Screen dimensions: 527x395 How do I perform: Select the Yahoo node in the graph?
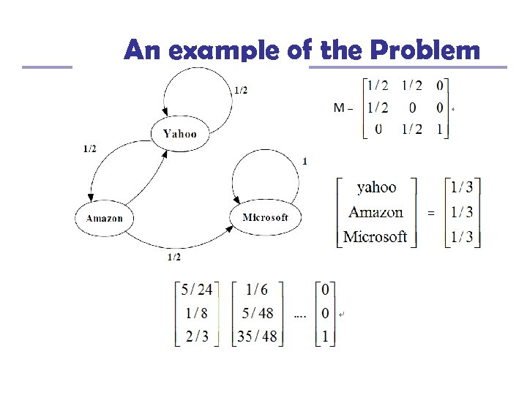(179, 133)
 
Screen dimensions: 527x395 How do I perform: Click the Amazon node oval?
(105, 218)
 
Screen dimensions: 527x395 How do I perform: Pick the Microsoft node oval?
(265, 217)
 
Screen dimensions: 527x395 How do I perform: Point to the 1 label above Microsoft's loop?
(304, 161)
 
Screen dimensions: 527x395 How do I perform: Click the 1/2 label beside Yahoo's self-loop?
(240, 91)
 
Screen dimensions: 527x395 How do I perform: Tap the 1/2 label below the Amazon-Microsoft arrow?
(174, 257)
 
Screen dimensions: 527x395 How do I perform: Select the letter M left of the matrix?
(340, 108)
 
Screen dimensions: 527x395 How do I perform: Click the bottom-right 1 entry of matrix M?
(439, 129)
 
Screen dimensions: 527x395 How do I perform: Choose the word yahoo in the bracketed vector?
(376, 188)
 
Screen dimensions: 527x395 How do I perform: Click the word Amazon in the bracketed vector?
(375, 212)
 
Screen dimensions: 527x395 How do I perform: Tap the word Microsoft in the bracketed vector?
(375, 236)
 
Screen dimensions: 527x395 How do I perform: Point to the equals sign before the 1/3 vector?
(430, 213)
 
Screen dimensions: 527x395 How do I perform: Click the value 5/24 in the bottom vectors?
(196, 290)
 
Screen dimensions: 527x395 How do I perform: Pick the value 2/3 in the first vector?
(196, 337)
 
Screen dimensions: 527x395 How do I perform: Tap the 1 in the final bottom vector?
(324, 337)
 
